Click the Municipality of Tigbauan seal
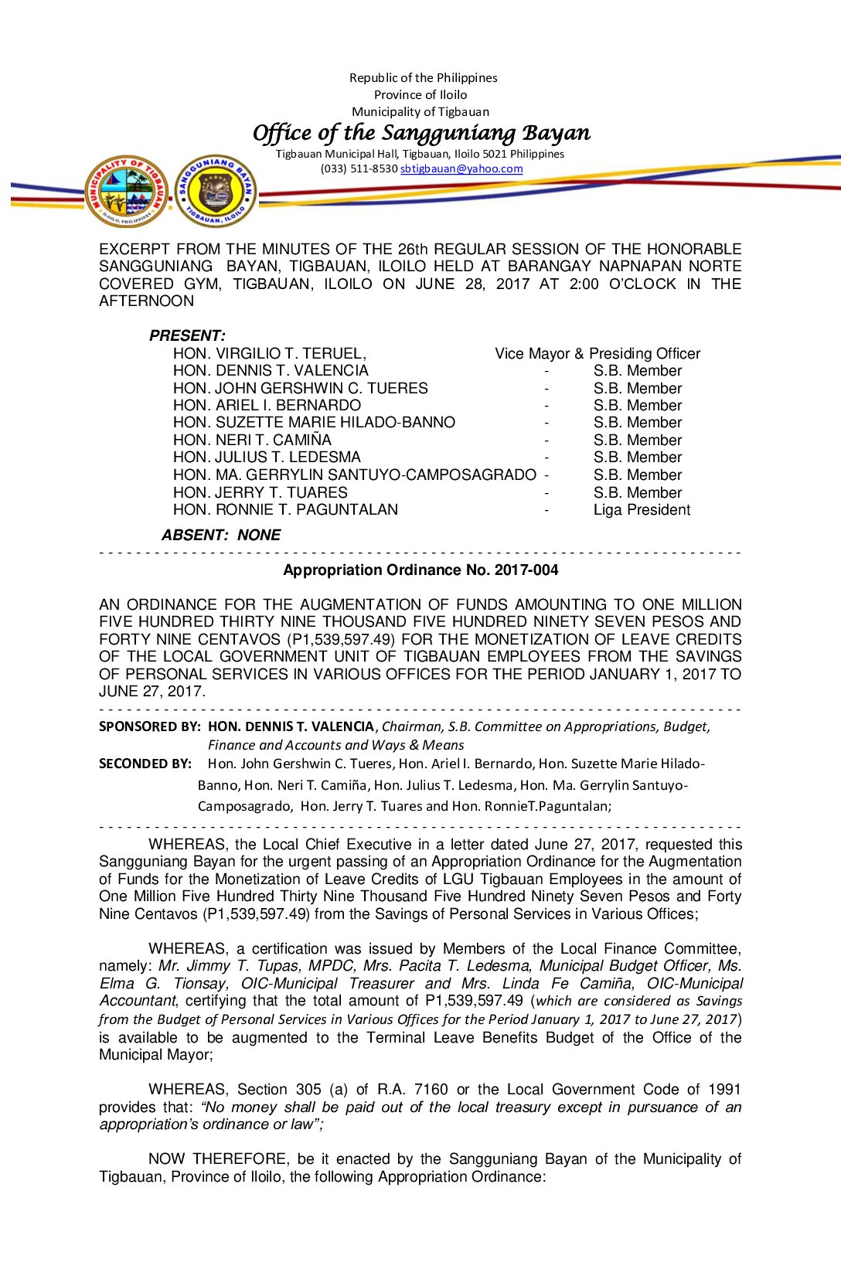(128, 191)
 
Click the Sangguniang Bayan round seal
(216, 191)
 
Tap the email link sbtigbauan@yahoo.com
(461, 168)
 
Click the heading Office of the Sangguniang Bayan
(421, 133)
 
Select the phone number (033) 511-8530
(359, 168)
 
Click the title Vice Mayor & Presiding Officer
(598, 353)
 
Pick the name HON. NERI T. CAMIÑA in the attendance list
(252, 440)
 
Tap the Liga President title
(642, 509)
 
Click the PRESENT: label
(187, 335)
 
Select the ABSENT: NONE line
(221, 535)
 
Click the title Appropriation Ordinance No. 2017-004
(420, 570)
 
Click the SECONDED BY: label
(145, 764)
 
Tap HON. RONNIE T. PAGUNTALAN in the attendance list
(285, 509)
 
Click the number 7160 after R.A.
(431, 1089)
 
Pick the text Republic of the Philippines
(423, 77)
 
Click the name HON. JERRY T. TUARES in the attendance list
(260, 492)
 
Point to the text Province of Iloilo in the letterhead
(420, 94)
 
